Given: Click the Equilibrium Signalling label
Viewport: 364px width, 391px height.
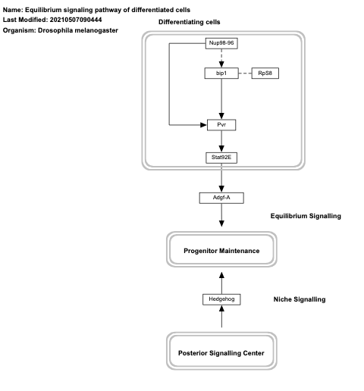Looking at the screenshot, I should pyautogui.click(x=306, y=216).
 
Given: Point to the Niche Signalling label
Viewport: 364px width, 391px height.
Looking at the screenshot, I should pyautogui.click(x=300, y=300).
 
